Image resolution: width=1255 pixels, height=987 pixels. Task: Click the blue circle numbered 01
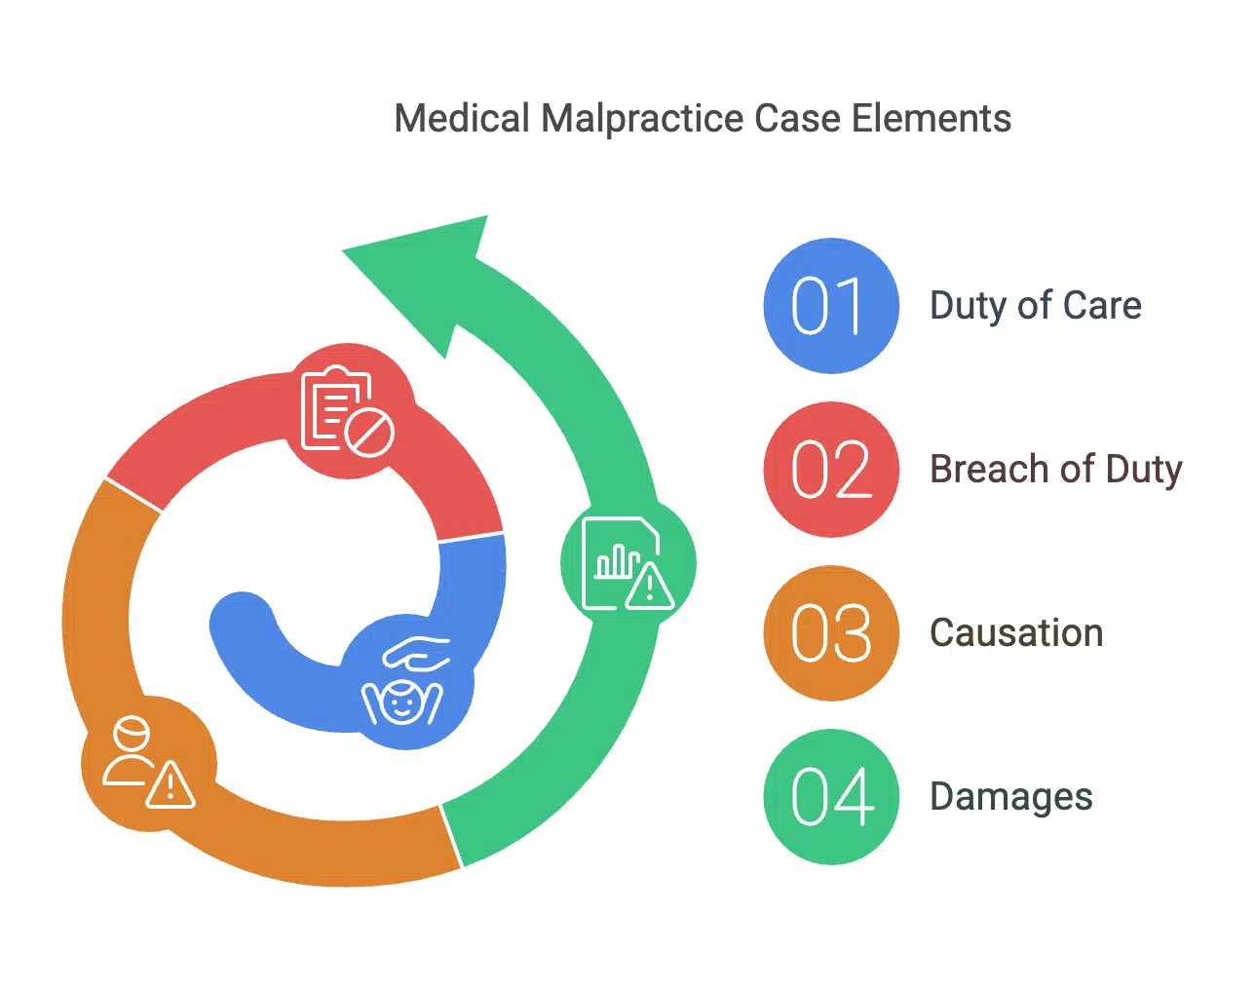[x=830, y=306]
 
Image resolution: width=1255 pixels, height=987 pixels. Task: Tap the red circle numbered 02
[x=830, y=470]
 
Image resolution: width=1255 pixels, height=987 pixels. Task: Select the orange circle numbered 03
[x=830, y=633]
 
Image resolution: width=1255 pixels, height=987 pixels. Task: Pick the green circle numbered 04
[x=830, y=797]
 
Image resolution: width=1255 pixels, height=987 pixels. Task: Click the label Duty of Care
[x=1035, y=306]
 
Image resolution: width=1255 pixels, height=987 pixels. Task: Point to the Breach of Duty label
[x=1055, y=470]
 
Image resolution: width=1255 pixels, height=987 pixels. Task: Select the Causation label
[x=1015, y=633]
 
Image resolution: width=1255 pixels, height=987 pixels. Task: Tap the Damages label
[x=1010, y=797]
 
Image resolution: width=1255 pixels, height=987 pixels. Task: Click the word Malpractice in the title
[x=642, y=119]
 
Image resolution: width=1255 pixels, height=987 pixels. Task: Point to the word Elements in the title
[x=931, y=119]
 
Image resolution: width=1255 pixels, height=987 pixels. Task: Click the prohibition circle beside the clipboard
[x=370, y=433]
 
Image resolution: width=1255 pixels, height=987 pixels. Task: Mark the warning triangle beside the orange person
[x=171, y=785]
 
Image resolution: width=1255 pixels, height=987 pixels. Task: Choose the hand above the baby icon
[x=417, y=653]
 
